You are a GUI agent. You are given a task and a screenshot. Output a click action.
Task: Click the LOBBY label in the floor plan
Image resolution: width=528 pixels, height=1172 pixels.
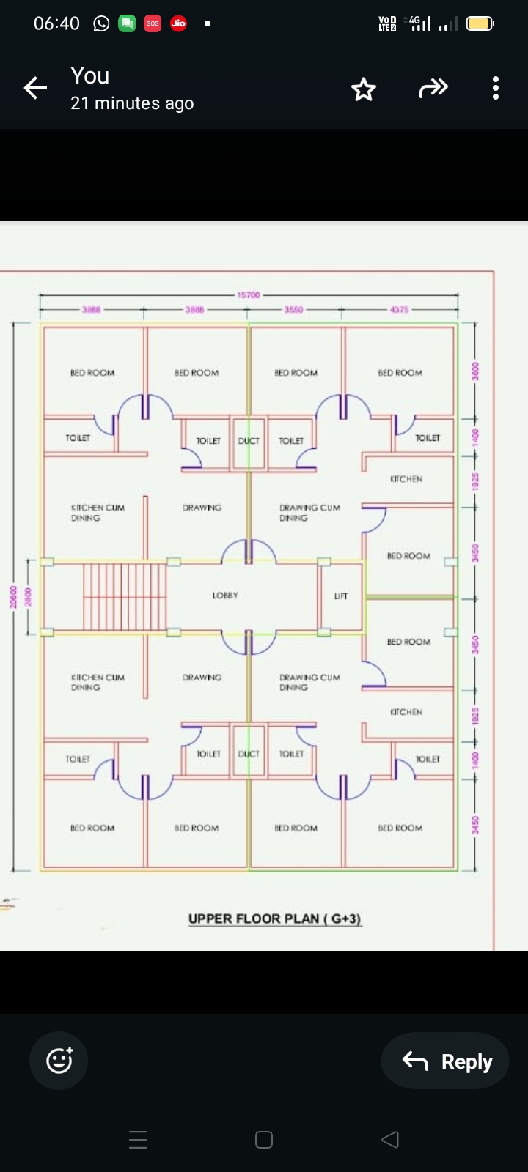tap(225, 596)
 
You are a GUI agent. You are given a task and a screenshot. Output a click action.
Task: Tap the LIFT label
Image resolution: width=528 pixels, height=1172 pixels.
tap(341, 596)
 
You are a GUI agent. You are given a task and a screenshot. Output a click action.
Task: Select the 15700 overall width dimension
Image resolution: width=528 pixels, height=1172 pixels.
tap(249, 294)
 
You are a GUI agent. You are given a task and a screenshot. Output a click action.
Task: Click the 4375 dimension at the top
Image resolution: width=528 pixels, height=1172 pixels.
tap(400, 310)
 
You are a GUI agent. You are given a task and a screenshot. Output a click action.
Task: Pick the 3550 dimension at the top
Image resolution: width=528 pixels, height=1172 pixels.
tap(293, 310)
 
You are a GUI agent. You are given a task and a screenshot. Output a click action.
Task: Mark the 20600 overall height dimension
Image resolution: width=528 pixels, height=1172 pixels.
tap(13, 596)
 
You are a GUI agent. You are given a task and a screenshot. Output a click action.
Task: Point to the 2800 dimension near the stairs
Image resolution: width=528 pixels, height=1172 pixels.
tap(29, 596)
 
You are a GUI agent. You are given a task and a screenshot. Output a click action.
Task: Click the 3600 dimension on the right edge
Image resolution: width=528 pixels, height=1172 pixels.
tap(475, 371)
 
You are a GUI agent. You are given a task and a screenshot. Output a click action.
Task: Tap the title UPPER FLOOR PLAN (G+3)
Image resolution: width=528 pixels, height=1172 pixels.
tap(275, 919)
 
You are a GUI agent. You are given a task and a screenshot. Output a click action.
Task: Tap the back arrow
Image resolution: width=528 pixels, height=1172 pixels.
tap(35, 89)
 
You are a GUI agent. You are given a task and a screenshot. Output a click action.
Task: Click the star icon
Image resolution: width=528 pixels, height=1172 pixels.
tap(364, 89)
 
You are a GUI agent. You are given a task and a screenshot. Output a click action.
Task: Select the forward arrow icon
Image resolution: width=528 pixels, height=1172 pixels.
tap(433, 89)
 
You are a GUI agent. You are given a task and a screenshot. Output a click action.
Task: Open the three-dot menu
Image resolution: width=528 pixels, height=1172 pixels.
tap(496, 89)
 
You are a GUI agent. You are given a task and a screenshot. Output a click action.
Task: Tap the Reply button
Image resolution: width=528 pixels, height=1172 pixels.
tap(445, 1061)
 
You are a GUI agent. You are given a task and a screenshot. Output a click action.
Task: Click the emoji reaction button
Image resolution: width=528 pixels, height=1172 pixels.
tap(59, 1061)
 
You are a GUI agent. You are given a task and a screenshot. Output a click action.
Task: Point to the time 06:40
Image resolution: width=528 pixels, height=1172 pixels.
tap(56, 23)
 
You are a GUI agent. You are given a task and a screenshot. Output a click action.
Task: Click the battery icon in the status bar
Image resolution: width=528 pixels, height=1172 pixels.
tap(480, 23)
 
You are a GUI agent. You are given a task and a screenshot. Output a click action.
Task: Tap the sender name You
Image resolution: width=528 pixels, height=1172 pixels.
tap(90, 75)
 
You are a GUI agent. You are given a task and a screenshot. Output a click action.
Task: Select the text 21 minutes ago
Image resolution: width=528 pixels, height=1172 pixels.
tap(132, 103)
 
